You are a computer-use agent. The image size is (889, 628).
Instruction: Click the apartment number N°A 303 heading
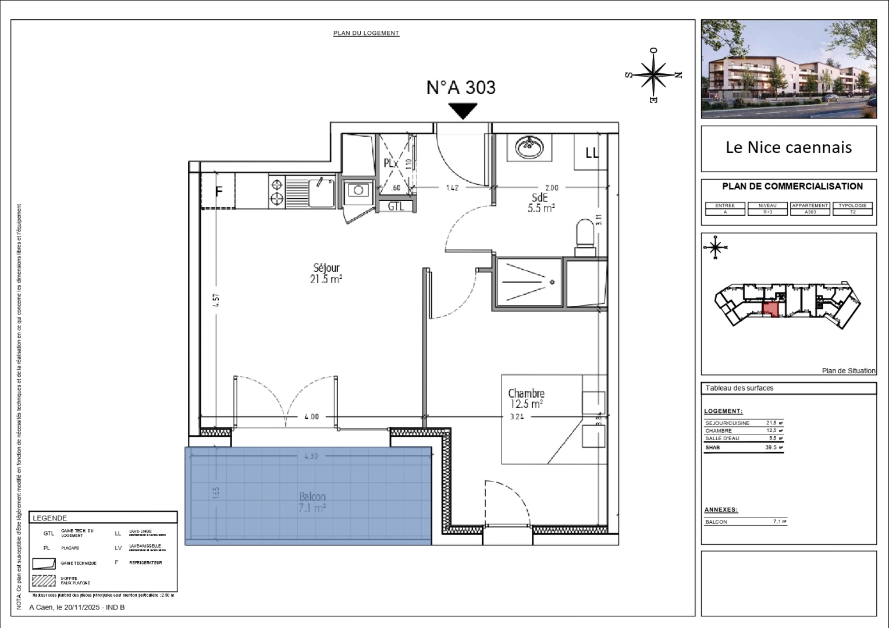pos(461,87)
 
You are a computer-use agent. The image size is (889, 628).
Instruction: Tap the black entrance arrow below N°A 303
pos(463,110)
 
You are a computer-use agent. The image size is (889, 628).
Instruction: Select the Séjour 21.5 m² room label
pos(326,273)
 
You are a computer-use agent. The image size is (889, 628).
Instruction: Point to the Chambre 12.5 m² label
pos(525,398)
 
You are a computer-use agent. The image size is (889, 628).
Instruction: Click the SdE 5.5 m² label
pos(540,203)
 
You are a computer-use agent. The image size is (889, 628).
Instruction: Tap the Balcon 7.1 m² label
pos(312,502)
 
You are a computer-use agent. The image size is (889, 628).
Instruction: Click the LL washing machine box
pos(591,153)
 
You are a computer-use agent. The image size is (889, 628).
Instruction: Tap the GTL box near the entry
pos(396,206)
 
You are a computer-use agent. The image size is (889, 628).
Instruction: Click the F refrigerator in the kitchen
pos(219,191)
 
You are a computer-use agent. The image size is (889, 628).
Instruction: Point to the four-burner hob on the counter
pos(277,192)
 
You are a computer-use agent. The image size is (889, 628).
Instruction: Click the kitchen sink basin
pos(320,192)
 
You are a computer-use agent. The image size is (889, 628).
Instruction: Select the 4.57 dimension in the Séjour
pos(216,299)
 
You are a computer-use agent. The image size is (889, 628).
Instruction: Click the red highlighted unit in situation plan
pos(770,310)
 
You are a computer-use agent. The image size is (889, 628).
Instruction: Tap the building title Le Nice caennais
pos(788,148)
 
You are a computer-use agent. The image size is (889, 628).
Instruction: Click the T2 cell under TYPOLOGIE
pos(852,212)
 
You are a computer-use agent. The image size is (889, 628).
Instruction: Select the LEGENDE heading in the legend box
pos(50,518)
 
